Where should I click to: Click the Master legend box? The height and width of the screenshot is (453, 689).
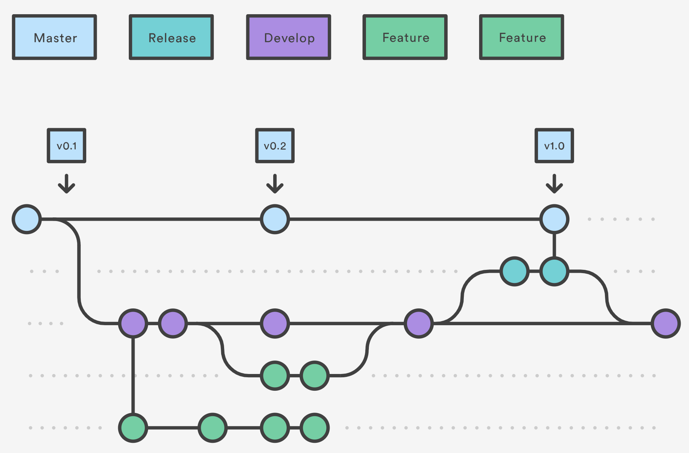click(x=55, y=37)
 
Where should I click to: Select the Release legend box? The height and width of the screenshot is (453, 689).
click(x=171, y=37)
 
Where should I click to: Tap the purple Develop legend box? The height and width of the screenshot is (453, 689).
click(x=288, y=37)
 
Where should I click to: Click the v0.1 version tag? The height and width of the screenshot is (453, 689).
click(x=67, y=146)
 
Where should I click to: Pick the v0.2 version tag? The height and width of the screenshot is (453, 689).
click(x=275, y=146)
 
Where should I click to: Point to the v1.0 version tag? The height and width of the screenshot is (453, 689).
click(x=554, y=146)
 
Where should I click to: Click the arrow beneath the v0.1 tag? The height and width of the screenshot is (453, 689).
click(x=67, y=184)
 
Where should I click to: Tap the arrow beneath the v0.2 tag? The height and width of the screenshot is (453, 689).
click(x=275, y=184)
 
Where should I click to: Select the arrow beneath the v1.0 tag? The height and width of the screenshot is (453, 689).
click(x=554, y=184)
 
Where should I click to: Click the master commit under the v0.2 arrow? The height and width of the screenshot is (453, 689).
click(x=275, y=219)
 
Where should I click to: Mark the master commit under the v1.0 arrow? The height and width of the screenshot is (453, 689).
click(x=554, y=219)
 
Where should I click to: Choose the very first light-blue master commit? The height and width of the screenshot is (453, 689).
click(x=27, y=219)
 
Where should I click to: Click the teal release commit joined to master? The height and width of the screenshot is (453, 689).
click(x=554, y=271)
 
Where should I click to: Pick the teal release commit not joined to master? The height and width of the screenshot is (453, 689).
click(x=514, y=271)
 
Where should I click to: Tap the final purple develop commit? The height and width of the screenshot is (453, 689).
click(x=666, y=323)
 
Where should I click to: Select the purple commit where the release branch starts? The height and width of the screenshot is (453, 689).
click(x=419, y=323)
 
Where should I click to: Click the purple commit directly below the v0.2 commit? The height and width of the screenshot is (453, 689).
click(x=275, y=323)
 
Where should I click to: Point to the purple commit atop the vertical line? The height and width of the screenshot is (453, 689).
click(x=133, y=323)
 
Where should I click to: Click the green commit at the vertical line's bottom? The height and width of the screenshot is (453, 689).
click(x=133, y=428)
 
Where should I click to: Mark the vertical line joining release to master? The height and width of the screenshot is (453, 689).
click(x=554, y=245)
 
